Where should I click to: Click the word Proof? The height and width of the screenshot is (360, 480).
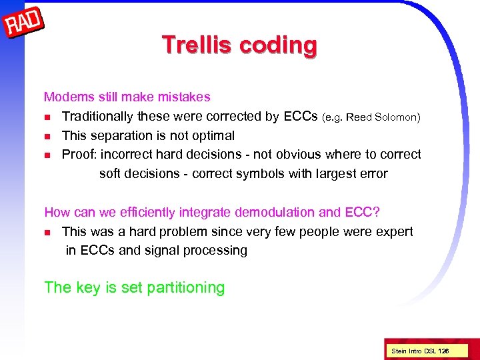point(78,155)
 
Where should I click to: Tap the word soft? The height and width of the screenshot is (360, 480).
point(111,174)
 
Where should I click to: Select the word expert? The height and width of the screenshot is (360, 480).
point(395,232)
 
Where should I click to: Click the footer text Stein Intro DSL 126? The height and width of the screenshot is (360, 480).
point(419,350)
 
